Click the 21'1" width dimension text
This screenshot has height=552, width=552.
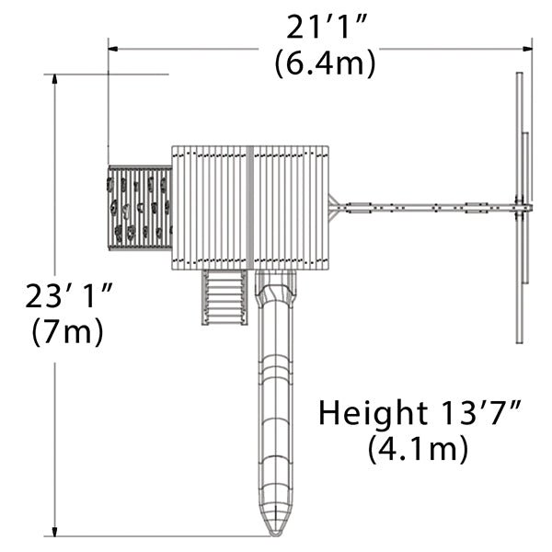pos(327,27)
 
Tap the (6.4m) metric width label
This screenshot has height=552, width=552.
pos(326,63)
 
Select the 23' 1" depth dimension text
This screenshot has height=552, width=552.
pos(69,295)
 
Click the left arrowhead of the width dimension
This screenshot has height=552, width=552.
pos(112,49)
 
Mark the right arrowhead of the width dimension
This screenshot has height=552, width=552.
pos(527,49)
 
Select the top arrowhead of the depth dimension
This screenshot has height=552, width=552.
pos(54,79)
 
